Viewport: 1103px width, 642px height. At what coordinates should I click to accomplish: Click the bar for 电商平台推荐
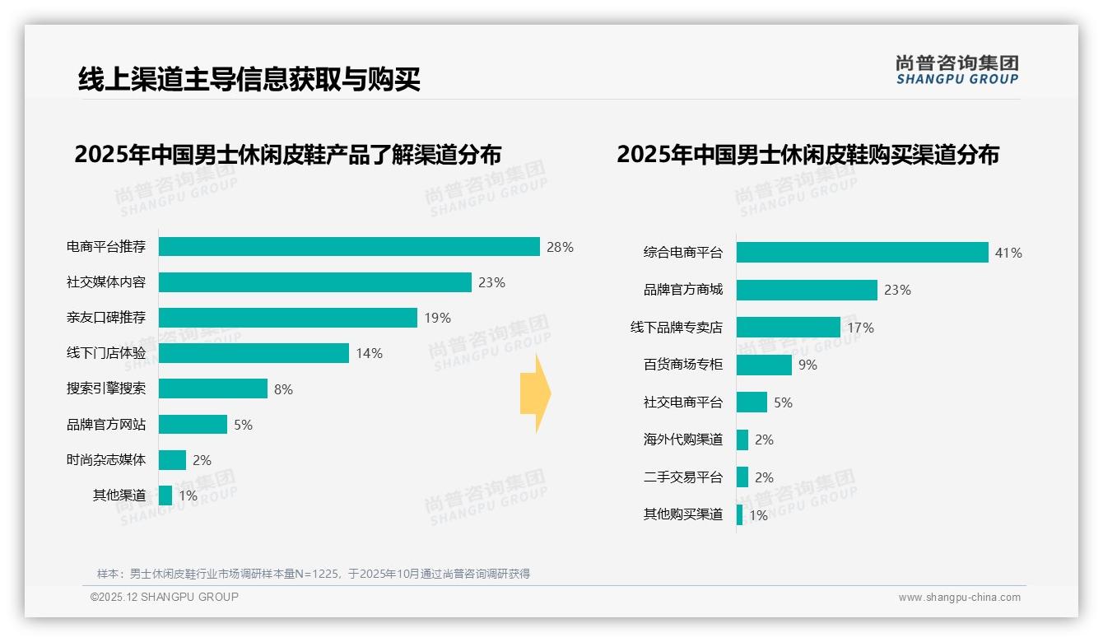(349, 247)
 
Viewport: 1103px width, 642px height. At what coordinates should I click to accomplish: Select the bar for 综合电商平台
(862, 253)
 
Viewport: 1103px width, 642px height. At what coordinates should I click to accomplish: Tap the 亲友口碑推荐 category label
(106, 318)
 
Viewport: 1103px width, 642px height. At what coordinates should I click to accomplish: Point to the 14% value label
(369, 353)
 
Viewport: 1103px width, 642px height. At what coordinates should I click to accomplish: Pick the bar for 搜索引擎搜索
(213, 388)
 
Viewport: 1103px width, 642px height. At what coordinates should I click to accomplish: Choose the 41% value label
(1008, 253)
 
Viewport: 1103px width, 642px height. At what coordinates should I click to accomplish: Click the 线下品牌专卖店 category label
(677, 328)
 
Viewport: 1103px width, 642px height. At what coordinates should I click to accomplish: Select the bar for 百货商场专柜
(764, 365)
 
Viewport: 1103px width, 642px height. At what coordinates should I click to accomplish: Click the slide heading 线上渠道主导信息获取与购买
(249, 79)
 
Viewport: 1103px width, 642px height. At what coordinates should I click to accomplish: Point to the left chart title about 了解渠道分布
(287, 155)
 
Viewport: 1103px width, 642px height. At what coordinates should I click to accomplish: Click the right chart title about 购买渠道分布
(807, 155)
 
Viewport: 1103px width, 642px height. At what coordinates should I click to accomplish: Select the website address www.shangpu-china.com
(959, 598)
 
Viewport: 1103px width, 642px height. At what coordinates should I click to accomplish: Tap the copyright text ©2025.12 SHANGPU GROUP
(165, 597)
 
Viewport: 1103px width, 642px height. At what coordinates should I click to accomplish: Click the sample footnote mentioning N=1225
(314, 574)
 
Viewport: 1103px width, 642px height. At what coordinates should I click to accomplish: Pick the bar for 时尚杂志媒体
(172, 460)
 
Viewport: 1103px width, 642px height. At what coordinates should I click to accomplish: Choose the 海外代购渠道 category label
(683, 440)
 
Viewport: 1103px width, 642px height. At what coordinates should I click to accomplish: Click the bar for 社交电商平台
(752, 402)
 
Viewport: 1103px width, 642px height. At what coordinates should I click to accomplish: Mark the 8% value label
(283, 389)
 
